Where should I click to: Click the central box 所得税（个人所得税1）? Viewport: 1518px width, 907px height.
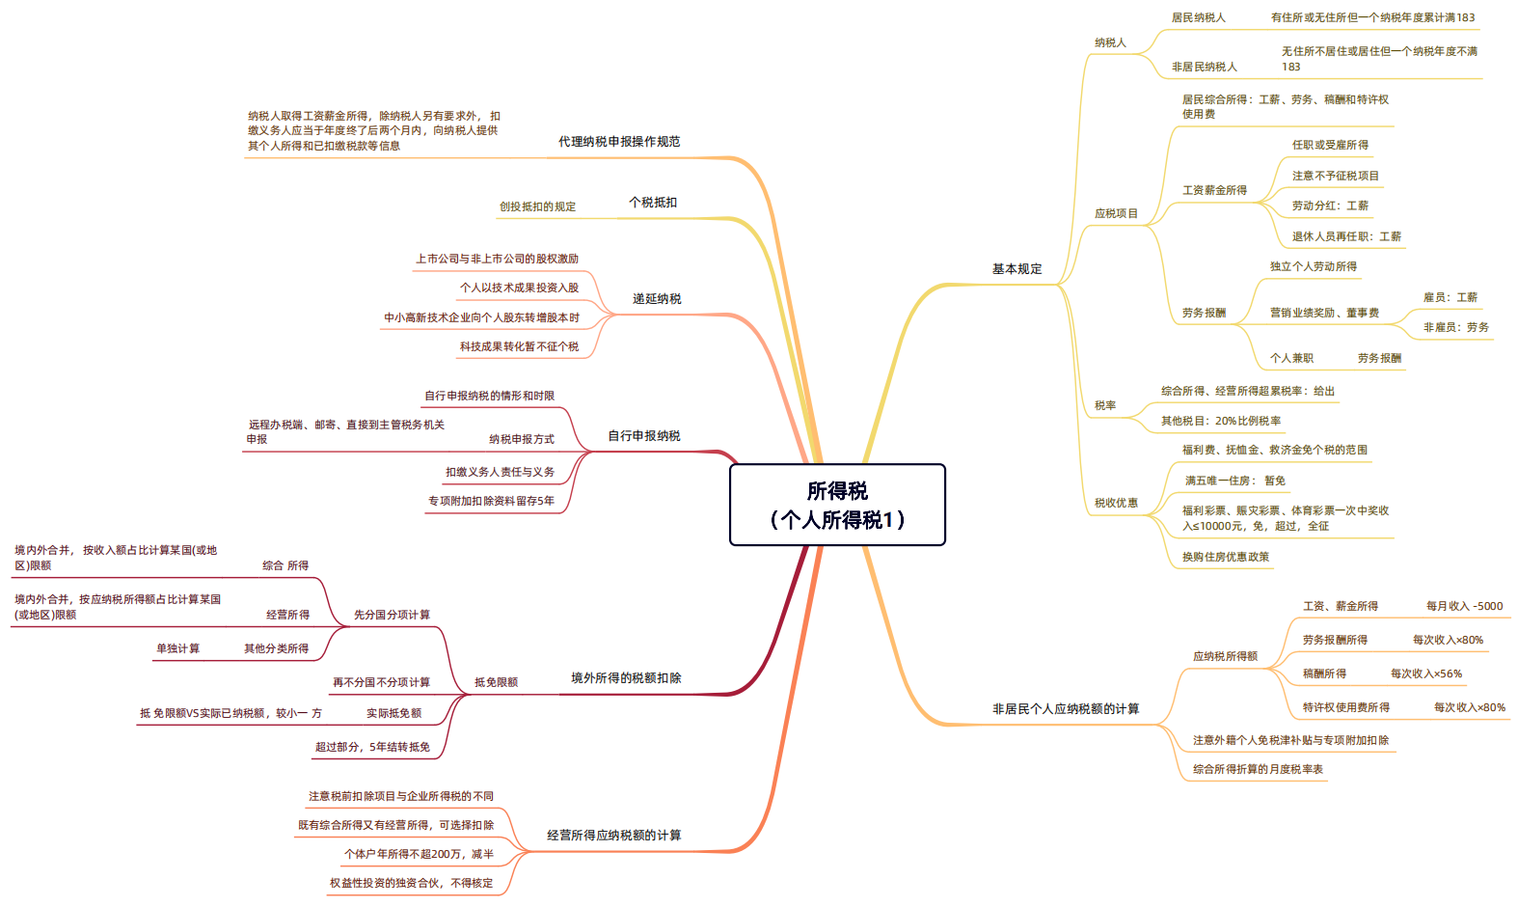tap(837, 505)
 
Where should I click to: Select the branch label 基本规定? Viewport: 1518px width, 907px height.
tap(1017, 269)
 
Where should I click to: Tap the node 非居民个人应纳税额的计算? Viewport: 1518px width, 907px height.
tap(1066, 709)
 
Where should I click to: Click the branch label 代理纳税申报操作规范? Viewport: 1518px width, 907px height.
tap(619, 142)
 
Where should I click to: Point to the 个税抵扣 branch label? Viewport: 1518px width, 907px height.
tap(653, 202)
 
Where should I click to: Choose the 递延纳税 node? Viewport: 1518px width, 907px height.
tap(657, 299)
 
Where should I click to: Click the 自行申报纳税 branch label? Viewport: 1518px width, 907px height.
tap(644, 436)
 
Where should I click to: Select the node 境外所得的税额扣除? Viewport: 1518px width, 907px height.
tap(626, 678)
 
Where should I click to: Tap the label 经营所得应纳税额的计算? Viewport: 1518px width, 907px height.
tap(614, 836)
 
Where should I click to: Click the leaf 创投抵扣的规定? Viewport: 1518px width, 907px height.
tap(537, 206)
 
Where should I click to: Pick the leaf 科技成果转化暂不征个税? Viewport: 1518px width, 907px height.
tap(519, 346)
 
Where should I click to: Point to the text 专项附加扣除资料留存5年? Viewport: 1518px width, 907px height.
tap(491, 501)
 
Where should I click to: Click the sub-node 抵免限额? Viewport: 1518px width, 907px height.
tap(496, 682)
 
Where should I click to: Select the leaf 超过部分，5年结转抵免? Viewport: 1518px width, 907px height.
tap(372, 747)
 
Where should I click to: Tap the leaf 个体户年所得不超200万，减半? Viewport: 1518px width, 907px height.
tap(419, 854)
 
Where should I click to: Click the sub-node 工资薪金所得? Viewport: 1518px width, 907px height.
tap(1214, 190)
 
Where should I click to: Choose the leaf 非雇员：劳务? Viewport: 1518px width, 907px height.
tap(1455, 327)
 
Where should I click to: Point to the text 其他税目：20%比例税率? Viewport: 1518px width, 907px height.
tap(1221, 421)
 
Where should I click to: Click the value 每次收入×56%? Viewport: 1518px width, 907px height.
tap(1425, 673)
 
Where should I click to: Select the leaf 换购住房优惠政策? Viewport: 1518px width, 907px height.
tap(1225, 557)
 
